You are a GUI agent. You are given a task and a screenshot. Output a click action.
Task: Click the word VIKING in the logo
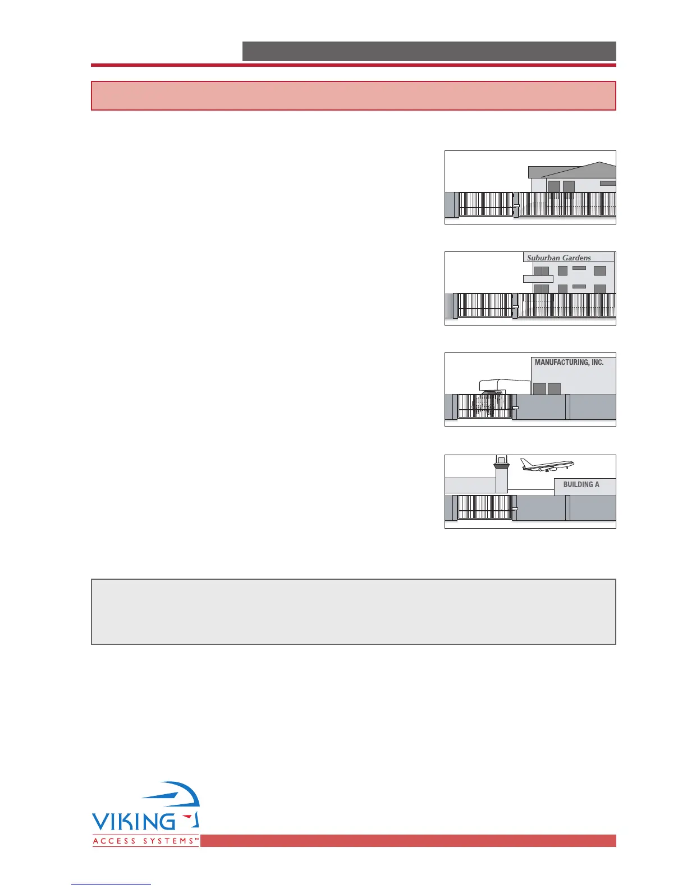[134, 822]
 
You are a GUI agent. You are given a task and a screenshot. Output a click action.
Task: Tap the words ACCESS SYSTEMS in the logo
[145, 841]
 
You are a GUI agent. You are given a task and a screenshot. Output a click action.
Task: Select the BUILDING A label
[581, 484]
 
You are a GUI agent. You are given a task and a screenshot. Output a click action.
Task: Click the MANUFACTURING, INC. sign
[569, 363]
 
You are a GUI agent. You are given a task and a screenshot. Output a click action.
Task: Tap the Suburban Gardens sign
[558, 258]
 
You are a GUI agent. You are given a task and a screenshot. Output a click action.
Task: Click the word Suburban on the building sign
[543, 258]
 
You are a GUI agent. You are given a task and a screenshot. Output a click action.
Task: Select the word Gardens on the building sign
[575, 258]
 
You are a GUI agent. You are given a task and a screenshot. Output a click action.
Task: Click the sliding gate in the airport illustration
[485, 507]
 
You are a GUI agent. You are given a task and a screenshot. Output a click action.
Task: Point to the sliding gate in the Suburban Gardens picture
[485, 305]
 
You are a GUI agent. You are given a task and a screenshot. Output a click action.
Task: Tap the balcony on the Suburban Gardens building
[538, 278]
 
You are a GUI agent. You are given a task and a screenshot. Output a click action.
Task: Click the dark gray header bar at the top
[429, 51]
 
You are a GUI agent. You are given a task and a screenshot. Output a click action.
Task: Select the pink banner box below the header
[354, 95]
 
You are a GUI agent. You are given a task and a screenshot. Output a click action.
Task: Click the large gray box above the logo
[354, 612]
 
